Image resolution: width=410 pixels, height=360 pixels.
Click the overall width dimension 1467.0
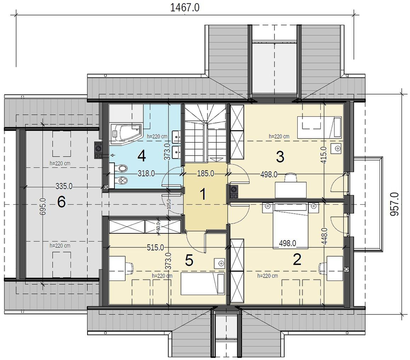point(185,7)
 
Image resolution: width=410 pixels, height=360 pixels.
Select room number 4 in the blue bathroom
point(141,156)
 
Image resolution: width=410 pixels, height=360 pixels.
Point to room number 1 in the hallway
point(203,194)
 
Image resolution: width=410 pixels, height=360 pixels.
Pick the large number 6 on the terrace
point(61,202)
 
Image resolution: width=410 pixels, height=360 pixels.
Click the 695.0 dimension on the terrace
point(43,207)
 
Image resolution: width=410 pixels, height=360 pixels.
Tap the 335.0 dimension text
point(64,186)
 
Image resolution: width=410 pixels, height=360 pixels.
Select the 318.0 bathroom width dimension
point(146,173)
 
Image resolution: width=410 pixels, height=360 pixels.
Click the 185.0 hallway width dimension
point(206,173)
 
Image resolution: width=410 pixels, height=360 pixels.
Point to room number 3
point(280,157)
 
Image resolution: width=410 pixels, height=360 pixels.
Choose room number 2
point(297,260)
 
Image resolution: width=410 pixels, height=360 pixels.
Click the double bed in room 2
point(290,226)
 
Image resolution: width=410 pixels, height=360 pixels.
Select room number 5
point(189,260)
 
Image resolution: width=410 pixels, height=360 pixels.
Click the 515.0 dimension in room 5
point(155,247)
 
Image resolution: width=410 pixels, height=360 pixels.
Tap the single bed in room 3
point(319,127)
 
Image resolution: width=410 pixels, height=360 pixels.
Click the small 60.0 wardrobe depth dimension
point(158,226)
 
